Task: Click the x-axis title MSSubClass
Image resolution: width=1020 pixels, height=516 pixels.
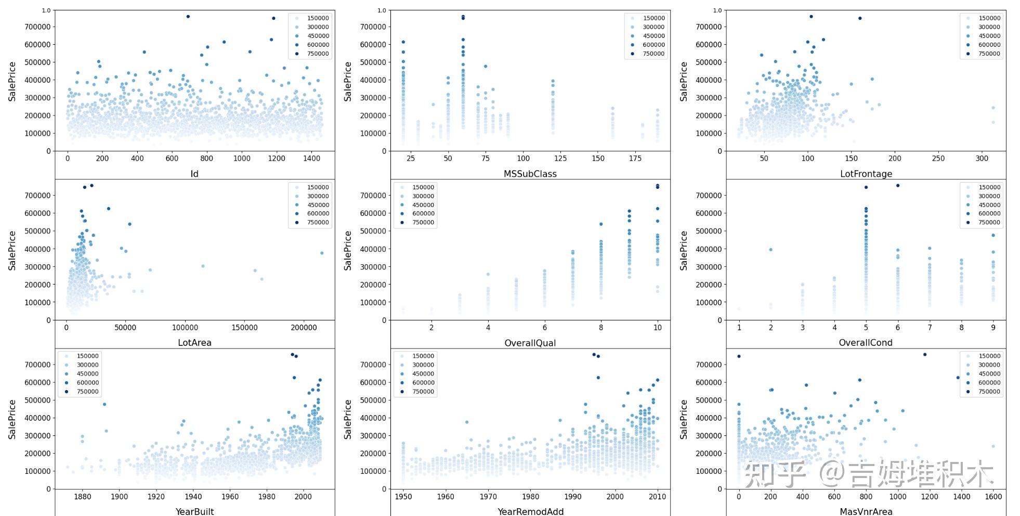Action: coord(530,174)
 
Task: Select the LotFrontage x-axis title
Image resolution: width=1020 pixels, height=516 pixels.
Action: coord(866,174)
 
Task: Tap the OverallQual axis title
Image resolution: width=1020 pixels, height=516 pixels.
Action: coord(530,343)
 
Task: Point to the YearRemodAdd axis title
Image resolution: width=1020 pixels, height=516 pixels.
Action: coord(530,511)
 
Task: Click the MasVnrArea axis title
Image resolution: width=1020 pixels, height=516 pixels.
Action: coord(866,511)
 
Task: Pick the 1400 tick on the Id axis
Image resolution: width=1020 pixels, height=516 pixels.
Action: coord(311,159)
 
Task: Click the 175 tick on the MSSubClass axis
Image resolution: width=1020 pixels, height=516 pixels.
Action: coord(635,159)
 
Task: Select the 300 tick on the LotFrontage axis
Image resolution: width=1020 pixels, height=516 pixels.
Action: coord(982,159)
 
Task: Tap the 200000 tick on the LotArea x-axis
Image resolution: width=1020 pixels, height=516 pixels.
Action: coord(304,328)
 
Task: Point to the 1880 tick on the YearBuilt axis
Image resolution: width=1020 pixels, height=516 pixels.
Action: coord(82,497)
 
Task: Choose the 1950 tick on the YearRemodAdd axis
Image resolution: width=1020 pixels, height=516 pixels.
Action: coord(403,497)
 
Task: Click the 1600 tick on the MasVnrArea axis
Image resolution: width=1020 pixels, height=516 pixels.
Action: coord(993,497)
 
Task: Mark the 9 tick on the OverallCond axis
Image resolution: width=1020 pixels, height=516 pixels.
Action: coord(993,328)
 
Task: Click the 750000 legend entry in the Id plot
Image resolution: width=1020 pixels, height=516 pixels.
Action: coord(317,54)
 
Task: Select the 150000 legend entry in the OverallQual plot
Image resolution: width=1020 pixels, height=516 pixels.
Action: coord(422,187)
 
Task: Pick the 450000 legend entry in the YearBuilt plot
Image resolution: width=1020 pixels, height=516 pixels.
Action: coord(87,374)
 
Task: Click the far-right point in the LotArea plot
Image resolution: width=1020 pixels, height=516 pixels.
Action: coord(322,253)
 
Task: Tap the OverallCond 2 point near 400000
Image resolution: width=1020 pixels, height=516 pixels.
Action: coord(770,250)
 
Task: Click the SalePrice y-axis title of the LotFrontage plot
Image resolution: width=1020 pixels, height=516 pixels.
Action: coord(684,81)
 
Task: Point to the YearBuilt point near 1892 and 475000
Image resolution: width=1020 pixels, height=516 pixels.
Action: coord(104,404)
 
